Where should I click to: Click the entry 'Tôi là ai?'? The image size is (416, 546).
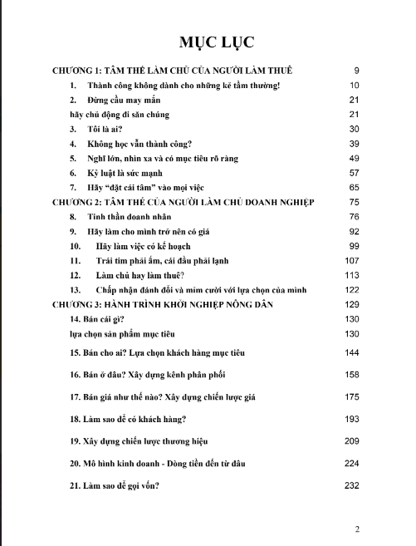(112, 129)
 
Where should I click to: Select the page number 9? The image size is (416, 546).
(355, 71)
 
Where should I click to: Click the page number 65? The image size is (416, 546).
(353, 187)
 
